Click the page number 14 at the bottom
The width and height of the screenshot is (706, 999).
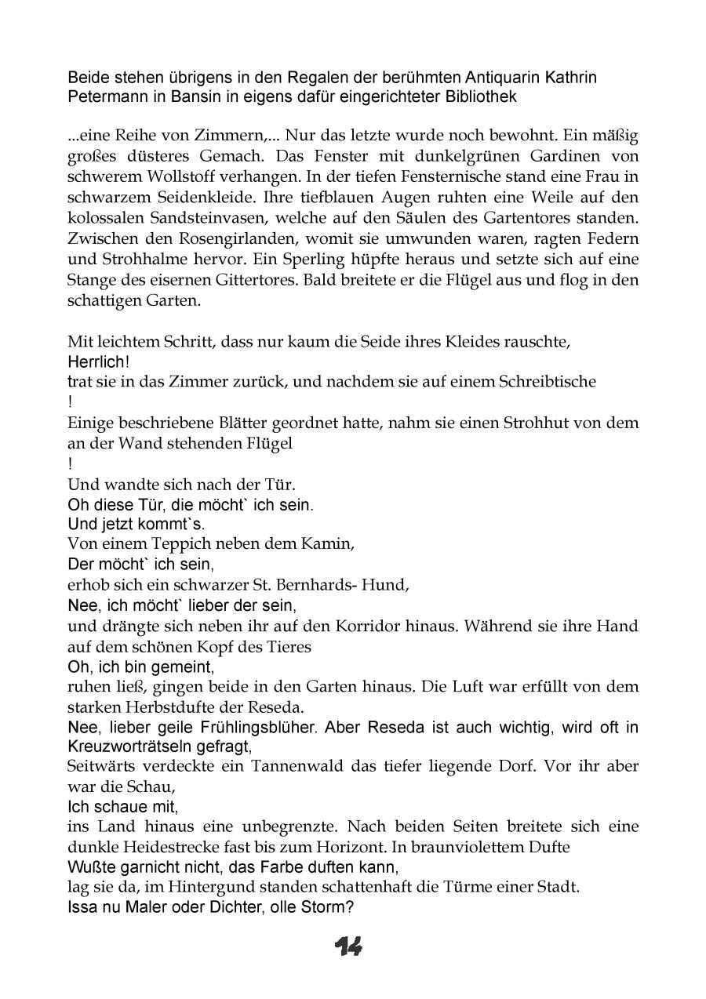pyautogui.click(x=349, y=947)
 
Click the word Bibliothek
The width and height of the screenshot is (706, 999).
pyautogui.click(x=482, y=97)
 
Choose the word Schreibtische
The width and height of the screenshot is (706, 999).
pyautogui.click(x=548, y=382)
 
